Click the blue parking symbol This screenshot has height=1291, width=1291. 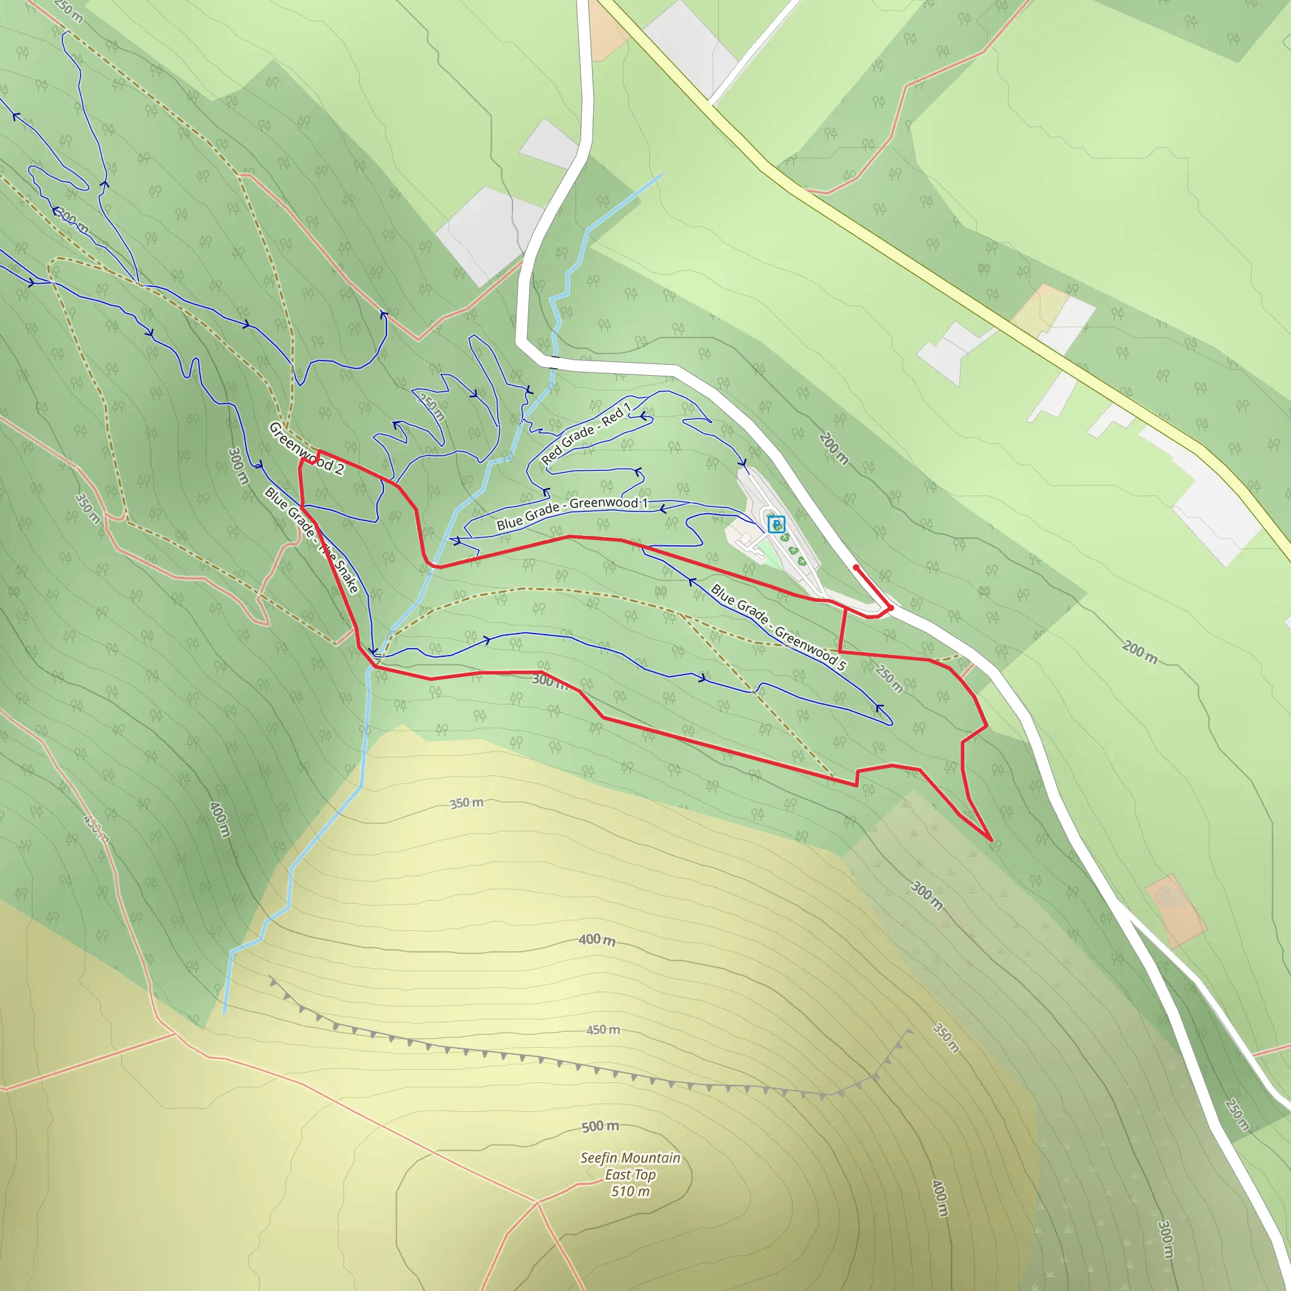click(775, 524)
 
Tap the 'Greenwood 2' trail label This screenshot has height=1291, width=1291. click(306, 448)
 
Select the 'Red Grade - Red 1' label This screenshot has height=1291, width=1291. click(586, 433)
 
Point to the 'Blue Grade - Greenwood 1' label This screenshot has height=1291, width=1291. click(572, 512)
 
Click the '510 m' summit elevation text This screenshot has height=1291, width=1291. click(630, 1191)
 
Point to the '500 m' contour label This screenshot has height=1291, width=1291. click(599, 1126)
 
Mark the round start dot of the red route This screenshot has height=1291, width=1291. click(856, 567)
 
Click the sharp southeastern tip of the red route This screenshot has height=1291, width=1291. click(991, 840)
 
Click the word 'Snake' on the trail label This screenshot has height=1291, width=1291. click(346, 576)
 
